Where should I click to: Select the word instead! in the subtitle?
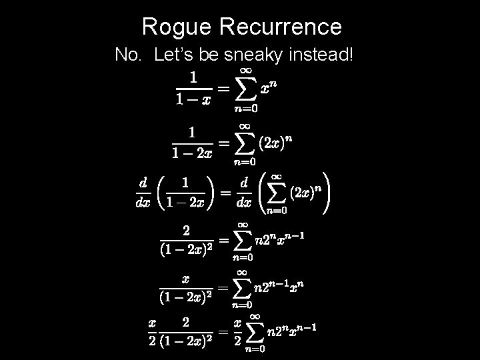(319, 55)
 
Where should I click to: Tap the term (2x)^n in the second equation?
(275, 142)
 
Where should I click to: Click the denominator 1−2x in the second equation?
(192, 153)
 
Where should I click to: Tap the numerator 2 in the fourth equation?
(187, 231)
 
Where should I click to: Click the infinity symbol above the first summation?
(245, 69)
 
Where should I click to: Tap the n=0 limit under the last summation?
(254, 348)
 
